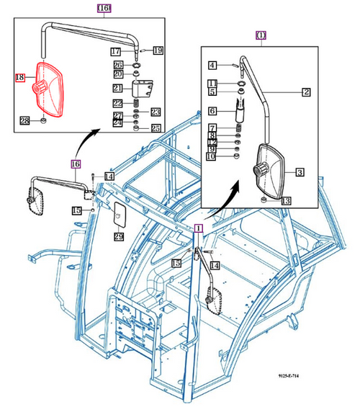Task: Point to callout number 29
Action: point(119,236)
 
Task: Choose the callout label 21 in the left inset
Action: point(116,88)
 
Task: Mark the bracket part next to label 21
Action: point(144,89)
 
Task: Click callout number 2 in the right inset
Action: point(306,91)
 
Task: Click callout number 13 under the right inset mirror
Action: point(286,201)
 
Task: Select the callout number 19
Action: point(158,50)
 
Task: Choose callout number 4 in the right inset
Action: point(213,66)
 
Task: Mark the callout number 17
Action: point(116,51)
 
